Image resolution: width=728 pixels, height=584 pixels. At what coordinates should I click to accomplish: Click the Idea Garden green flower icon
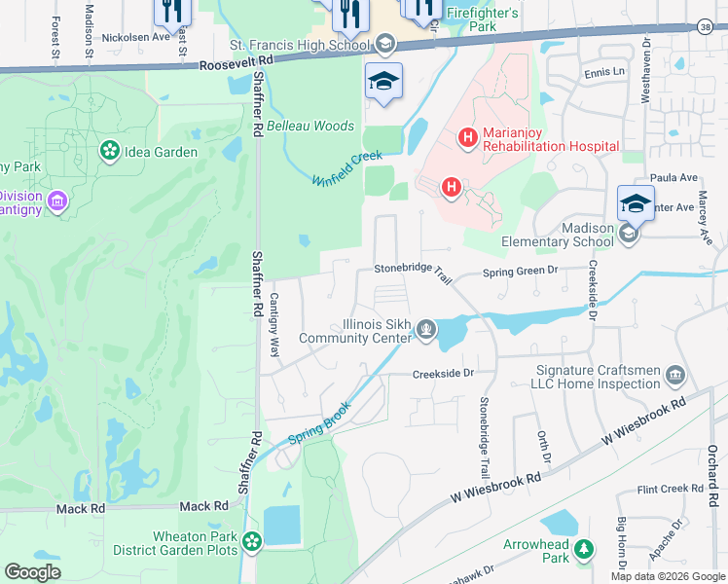pos(110,151)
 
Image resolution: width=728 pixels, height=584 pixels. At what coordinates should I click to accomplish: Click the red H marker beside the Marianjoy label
pos(467,137)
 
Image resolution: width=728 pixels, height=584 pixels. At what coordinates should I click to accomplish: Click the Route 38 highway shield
pos(705,26)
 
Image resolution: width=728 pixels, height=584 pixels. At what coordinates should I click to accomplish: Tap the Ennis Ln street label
pos(604,72)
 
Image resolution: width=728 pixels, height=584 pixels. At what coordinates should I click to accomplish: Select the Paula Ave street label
pos(675,177)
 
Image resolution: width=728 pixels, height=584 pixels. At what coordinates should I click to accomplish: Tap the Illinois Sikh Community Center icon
pos(425,331)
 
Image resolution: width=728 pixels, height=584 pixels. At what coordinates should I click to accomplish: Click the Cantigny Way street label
pos(273,320)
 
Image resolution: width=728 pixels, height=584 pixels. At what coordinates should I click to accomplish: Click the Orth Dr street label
pos(544,448)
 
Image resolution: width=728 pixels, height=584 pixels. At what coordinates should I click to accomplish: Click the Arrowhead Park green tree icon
pos(584,549)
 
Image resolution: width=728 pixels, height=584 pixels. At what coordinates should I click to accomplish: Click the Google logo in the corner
pos(32,572)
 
